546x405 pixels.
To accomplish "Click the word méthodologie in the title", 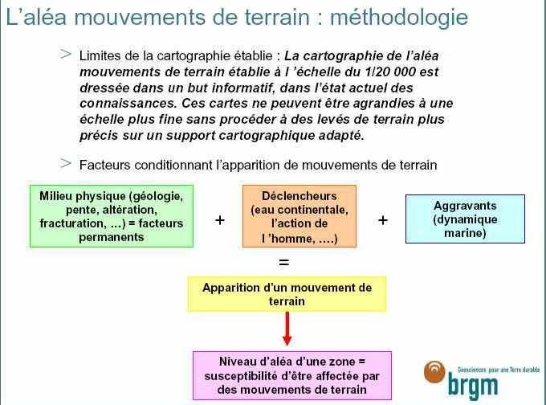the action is click(x=399, y=18).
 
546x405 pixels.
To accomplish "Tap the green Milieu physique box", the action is click(x=112, y=216).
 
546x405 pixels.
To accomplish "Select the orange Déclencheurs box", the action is click(x=299, y=216).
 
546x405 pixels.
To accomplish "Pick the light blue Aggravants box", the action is click(x=465, y=219).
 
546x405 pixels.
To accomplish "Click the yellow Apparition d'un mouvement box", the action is click(x=287, y=294).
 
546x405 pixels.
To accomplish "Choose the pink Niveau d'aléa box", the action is click(x=292, y=375).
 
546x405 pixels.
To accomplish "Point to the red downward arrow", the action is click(x=287, y=329).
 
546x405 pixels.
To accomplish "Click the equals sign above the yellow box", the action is click(x=284, y=262).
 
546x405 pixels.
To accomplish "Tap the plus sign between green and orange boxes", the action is click(x=220, y=220).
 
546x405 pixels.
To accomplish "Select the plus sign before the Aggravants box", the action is click(x=383, y=220).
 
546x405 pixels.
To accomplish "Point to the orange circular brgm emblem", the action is click(x=434, y=371).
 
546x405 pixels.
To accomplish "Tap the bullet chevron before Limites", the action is click(x=66, y=54).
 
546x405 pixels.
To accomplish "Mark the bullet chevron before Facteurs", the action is click(x=66, y=163).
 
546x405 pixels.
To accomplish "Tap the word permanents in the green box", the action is click(x=112, y=237).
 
